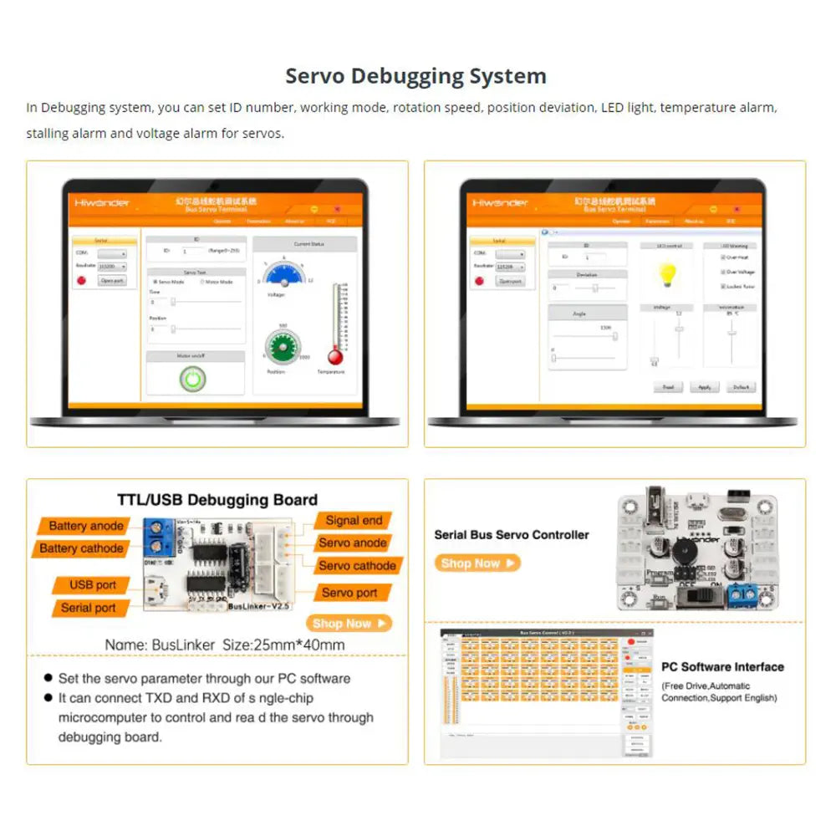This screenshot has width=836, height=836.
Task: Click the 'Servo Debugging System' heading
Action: click(415, 76)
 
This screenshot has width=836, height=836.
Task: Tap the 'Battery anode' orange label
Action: click(85, 526)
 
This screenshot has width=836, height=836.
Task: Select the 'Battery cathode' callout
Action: click(81, 548)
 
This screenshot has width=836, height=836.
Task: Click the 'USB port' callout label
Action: click(93, 585)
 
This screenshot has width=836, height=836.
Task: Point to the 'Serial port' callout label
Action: click(88, 608)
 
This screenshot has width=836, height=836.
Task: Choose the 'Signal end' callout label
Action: click(354, 520)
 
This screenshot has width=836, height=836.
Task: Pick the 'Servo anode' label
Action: click(353, 543)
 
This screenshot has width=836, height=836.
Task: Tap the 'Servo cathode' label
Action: click(357, 565)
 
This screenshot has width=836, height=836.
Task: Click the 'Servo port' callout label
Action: click(349, 593)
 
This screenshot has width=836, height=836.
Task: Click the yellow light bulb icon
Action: click(666, 273)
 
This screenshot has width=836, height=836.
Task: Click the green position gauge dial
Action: click(283, 344)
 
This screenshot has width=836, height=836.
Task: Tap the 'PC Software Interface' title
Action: click(722, 667)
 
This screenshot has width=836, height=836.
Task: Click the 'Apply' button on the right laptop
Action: click(704, 387)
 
